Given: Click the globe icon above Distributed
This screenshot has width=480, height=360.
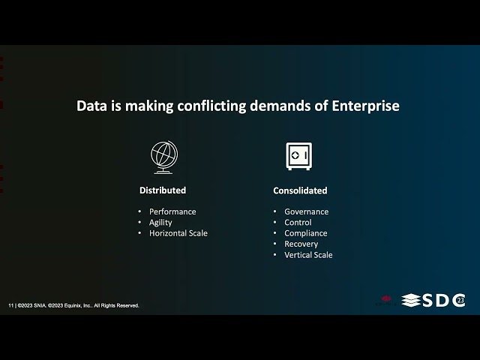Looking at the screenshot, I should pyautogui.click(x=163, y=157).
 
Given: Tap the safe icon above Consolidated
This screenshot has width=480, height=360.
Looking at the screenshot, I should pyautogui.click(x=298, y=156).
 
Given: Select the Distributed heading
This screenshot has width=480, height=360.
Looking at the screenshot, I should pyautogui.click(x=163, y=190).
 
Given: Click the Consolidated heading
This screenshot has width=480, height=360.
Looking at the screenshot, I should pyautogui.click(x=300, y=190).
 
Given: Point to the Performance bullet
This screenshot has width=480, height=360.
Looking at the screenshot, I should pyautogui.click(x=172, y=211).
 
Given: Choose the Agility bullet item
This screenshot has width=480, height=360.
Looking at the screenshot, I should pyautogui.click(x=160, y=222).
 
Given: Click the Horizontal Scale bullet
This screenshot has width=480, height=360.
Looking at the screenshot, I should pyautogui.click(x=178, y=233).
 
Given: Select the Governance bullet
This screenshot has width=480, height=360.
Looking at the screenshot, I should pyautogui.click(x=306, y=211).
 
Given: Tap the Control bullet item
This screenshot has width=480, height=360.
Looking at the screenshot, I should pyautogui.click(x=298, y=222).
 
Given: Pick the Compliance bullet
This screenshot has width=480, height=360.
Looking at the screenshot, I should pyautogui.click(x=305, y=233).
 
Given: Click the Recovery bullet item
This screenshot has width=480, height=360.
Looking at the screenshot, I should pyautogui.click(x=301, y=244).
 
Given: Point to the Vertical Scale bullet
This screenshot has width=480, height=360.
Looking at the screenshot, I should pyautogui.click(x=307, y=255).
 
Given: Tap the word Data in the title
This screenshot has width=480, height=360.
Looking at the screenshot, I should pyautogui.click(x=91, y=106).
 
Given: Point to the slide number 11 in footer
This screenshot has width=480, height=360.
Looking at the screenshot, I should pyautogui.click(x=10, y=306).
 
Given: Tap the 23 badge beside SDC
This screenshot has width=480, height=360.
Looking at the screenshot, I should pyautogui.click(x=459, y=301).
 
